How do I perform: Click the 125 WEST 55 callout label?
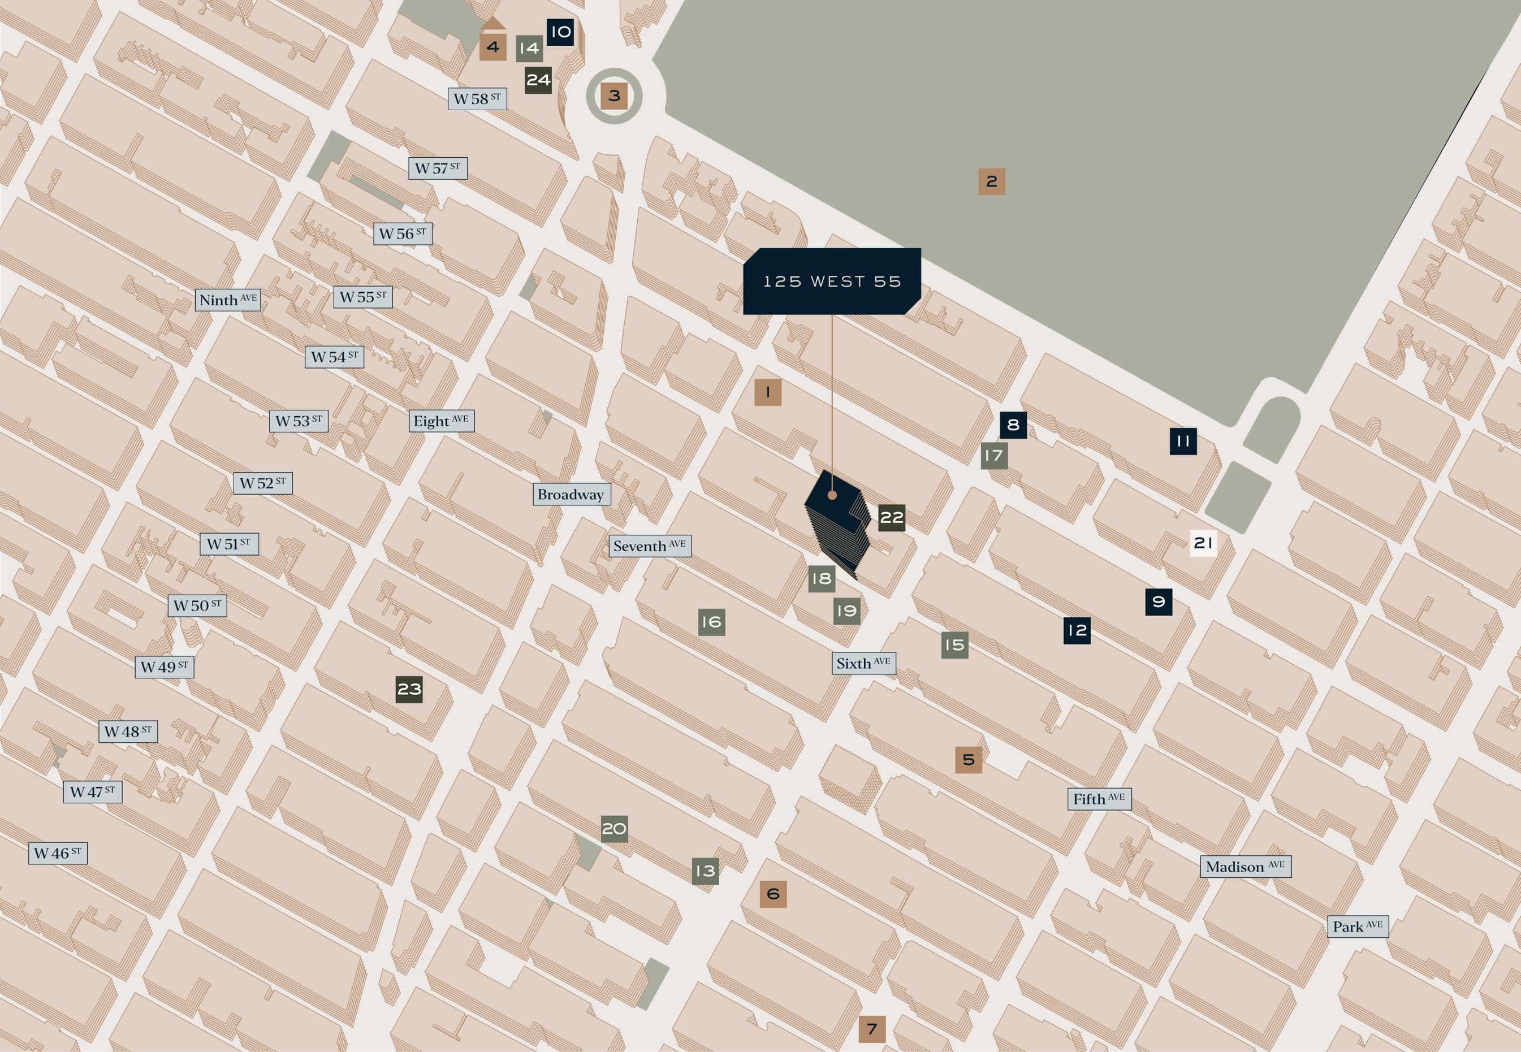tap(831, 282)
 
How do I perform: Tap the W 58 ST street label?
tap(477, 99)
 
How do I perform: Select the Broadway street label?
tap(571, 495)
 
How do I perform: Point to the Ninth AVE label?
tap(227, 300)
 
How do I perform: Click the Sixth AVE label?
tap(863, 663)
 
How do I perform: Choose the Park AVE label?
tap(1358, 926)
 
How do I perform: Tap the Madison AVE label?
tap(1245, 867)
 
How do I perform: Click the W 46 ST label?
tap(57, 853)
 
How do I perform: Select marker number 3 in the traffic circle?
tap(614, 96)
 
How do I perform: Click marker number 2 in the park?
tap(992, 181)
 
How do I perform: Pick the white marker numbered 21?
tap(1203, 543)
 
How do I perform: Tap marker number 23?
tap(409, 690)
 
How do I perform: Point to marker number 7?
tap(871, 1029)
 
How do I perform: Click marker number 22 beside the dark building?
tap(891, 517)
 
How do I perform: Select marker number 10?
tap(560, 32)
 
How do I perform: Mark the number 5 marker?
tap(968, 760)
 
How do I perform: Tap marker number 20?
tap(614, 829)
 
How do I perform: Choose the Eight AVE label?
tap(440, 421)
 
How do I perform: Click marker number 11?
tap(1183, 441)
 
